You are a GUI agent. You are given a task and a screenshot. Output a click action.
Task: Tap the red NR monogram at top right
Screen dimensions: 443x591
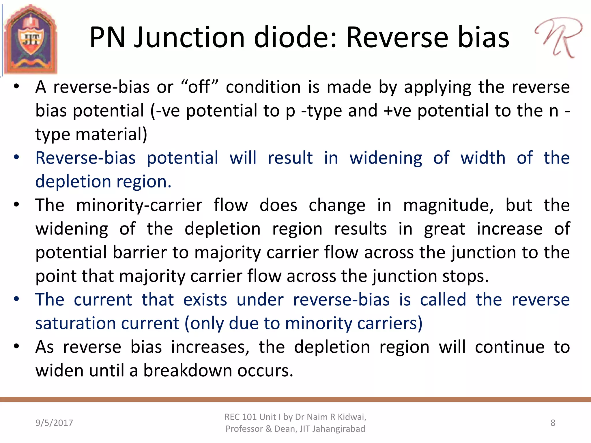[x=559, y=37]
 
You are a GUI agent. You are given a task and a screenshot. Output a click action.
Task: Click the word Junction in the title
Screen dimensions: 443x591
[x=189, y=37]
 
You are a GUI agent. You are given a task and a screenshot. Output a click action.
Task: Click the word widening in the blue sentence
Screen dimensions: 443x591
[x=386, y=158]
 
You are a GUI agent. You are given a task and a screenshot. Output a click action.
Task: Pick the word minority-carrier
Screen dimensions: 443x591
[x=139, y=205]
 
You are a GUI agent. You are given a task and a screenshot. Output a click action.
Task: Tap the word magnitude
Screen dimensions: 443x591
[x=448, y=206]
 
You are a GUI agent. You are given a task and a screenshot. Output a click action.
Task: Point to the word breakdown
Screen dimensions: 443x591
[x=188, y=371]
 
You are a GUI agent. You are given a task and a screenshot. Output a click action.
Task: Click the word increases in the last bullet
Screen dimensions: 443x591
[x=210, y=347]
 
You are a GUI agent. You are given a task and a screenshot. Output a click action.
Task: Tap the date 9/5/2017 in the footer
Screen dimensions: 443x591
[x=54, y=423]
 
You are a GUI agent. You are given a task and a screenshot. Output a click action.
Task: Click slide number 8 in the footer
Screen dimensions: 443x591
[x=553, y=423]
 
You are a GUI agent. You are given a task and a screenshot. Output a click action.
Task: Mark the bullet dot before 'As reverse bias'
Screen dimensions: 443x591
[x=16, y=346]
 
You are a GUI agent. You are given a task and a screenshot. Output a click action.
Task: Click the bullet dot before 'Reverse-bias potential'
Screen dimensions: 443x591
[x=16, y=157]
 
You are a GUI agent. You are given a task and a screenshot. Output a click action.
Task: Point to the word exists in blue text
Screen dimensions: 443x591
[x=205, y=300]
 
